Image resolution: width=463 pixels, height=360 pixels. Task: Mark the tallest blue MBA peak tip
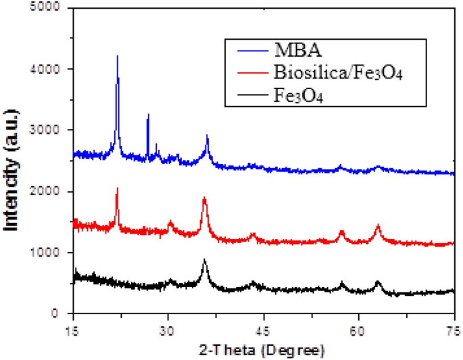coord(118,56)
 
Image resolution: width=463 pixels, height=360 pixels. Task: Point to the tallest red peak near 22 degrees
coord(117,188)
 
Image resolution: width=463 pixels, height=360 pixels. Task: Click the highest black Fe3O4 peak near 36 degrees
coord(204,259)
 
